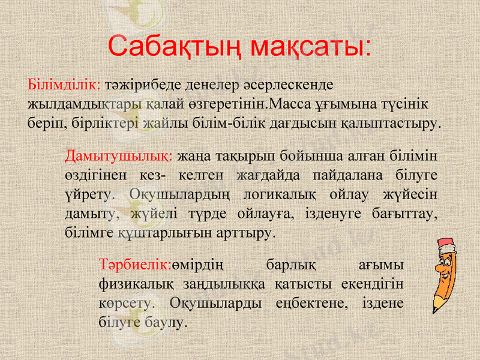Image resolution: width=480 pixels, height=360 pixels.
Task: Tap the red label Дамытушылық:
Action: (119, 157)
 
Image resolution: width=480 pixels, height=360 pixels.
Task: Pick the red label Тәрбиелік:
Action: (136, 265)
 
